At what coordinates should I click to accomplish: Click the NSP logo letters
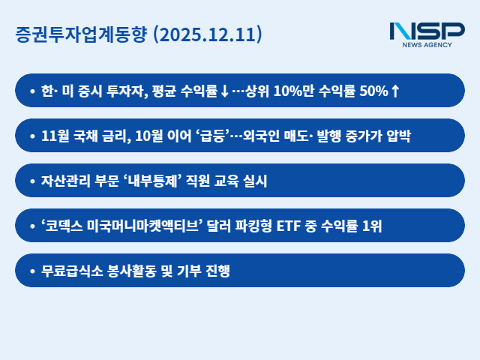[427, 31]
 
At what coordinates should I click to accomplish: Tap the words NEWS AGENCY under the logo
[427, 45]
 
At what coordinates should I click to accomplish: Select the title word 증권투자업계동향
[81, 34]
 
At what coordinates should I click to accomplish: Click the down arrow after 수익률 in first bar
[223, 91]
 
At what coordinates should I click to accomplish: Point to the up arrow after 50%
[395, 91]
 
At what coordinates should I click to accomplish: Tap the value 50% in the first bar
[374, 91]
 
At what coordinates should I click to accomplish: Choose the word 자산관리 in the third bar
[63, 181]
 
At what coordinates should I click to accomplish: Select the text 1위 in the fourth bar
[372, 226]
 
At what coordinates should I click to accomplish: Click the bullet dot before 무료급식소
[31, 271]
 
